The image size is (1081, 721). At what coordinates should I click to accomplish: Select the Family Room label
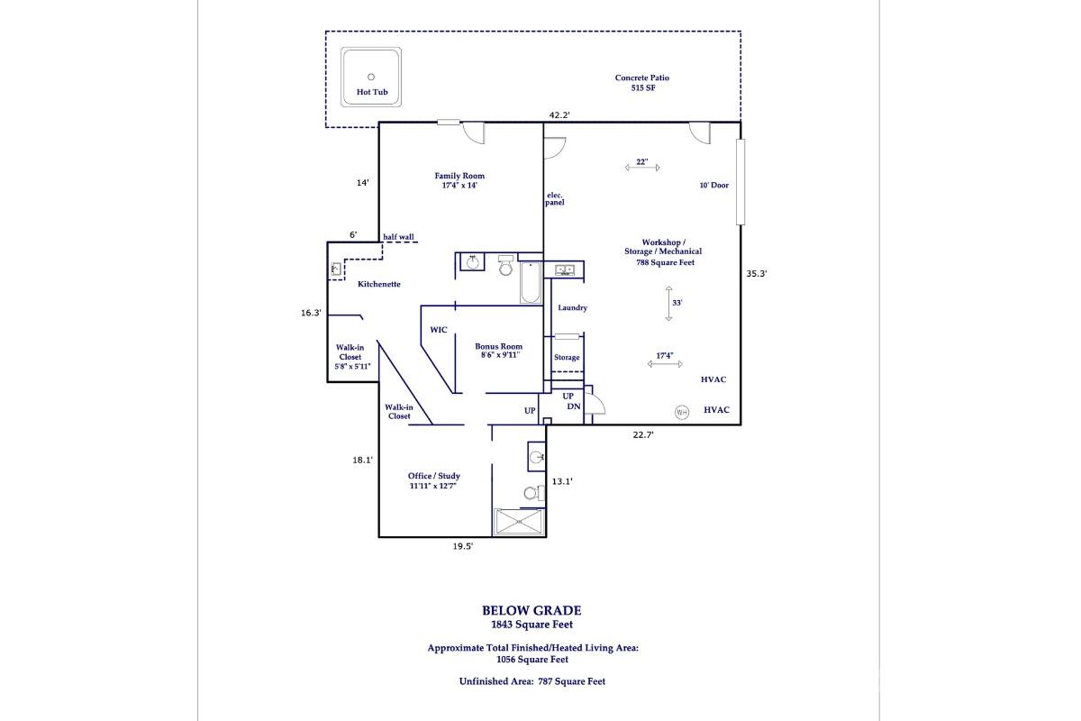tap(459, 180)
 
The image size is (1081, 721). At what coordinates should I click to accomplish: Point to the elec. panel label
tap(554, 199)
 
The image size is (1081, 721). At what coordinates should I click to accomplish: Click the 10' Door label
tap(714, 186)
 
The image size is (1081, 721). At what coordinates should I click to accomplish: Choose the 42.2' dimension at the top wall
tap(560, 114)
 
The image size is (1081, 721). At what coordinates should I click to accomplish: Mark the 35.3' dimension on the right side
tap(756, 274)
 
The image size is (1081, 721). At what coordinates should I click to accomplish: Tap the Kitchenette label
tap(378, 285)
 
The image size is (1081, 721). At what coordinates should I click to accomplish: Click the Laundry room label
tap(572, 308)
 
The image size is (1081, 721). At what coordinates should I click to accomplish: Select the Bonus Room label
tap(498, 351)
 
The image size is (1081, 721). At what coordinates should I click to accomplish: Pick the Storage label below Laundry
tap(567, 358)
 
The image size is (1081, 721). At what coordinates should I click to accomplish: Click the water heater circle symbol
tap(682, 412)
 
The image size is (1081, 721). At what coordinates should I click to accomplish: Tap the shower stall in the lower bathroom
tap(519, 522)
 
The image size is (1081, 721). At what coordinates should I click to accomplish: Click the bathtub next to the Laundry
tap(530, 283)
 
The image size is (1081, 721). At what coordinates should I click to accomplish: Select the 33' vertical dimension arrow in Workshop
tap(669, 303)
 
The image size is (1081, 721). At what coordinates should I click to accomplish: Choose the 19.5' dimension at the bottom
tap(462, 546)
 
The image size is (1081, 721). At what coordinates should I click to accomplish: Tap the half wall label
tap(398, 237)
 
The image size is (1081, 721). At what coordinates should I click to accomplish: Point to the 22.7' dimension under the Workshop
tap(642, 434)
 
